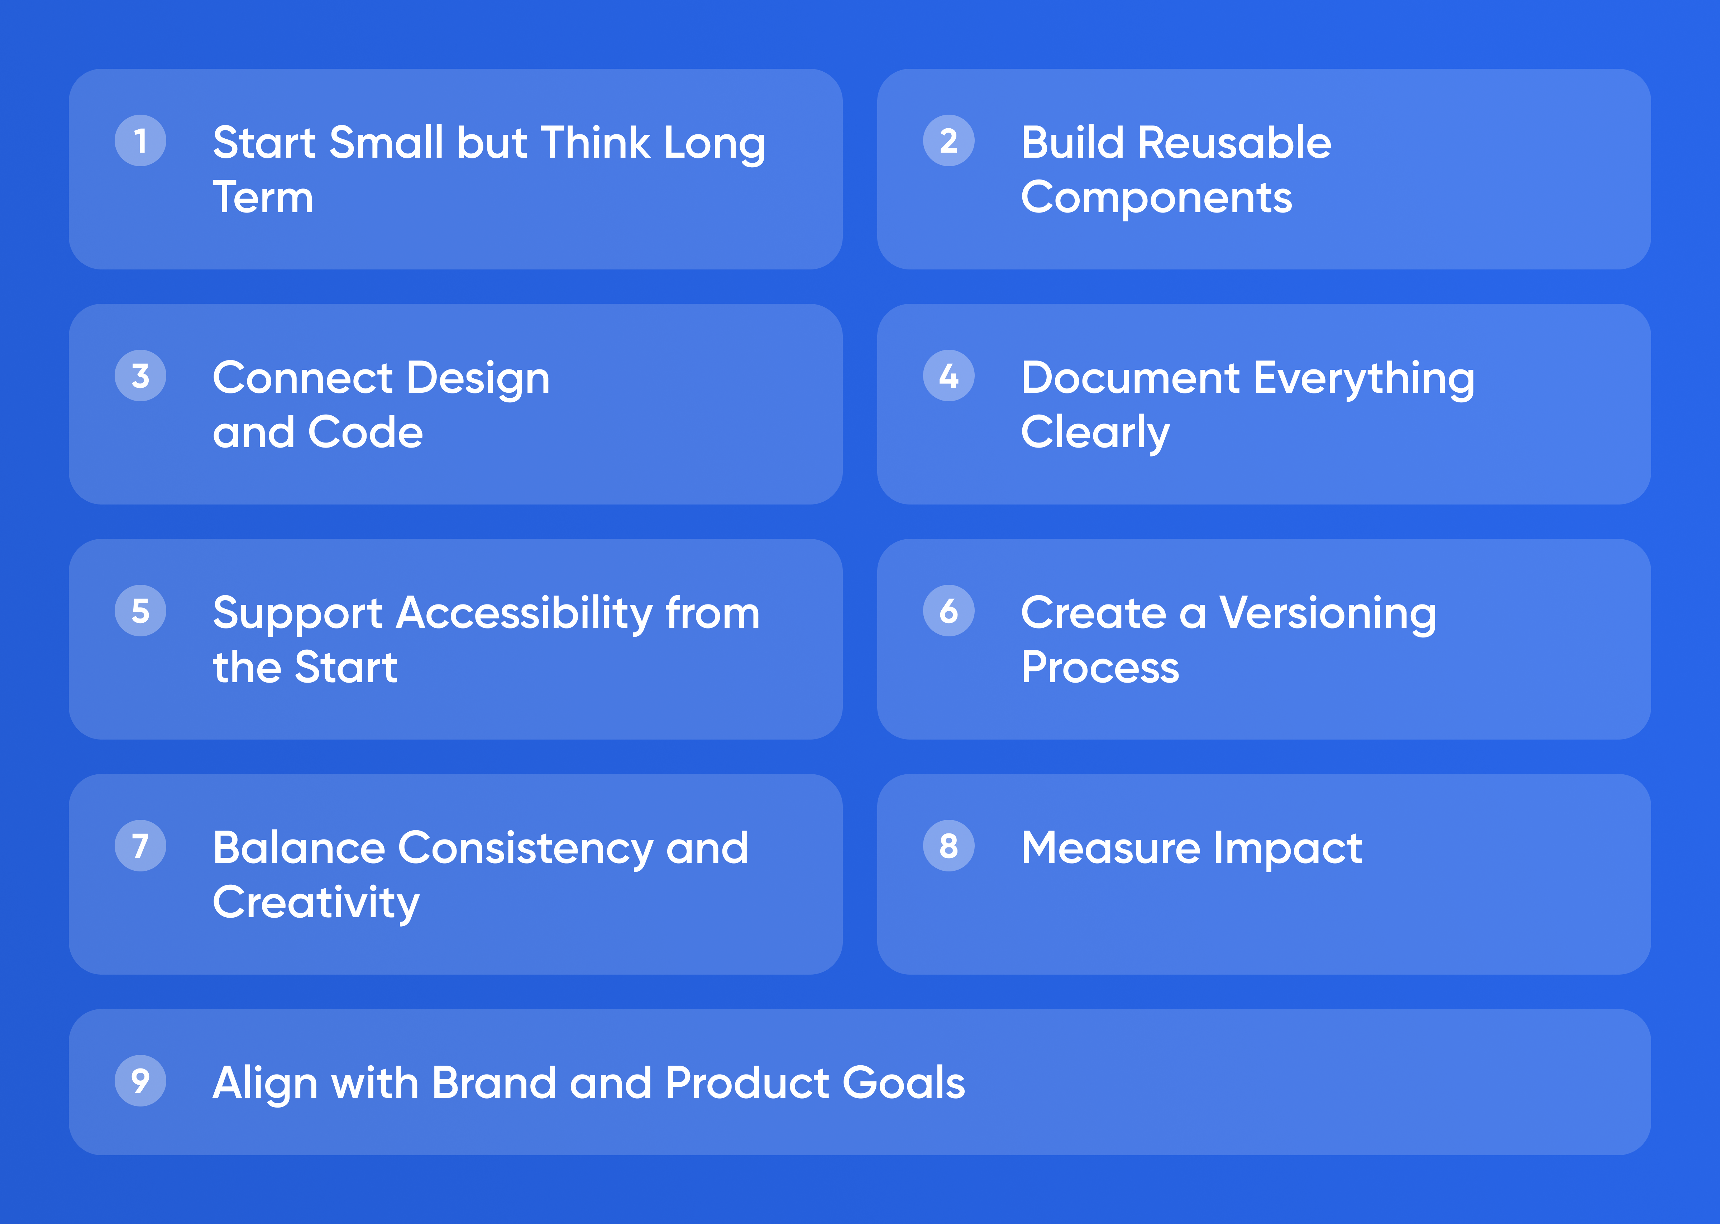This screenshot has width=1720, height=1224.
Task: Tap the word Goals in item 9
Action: (904, 1083)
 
